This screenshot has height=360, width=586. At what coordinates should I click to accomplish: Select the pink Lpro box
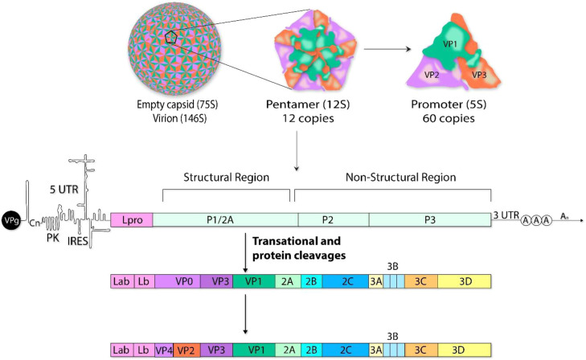coord(131,219)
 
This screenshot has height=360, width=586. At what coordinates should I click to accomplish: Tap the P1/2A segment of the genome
coord(224,219)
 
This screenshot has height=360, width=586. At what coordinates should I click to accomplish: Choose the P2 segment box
coord(333,219)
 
